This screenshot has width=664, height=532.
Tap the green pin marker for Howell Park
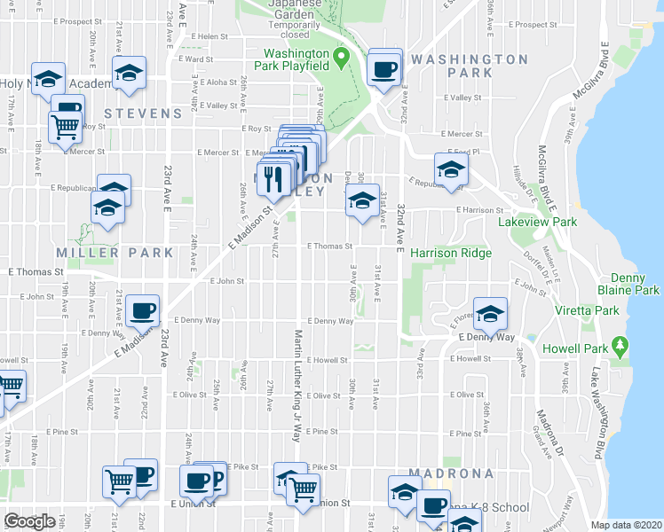pyautogui.click(x=620, y=344)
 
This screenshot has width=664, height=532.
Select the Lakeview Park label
pyautogui.click(x=537, y=222)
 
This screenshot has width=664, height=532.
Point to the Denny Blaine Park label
pyautogui.click(x=634, y=284)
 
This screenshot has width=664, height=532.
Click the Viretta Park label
pyautogui.click(x=594, y=311)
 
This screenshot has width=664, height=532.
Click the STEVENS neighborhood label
pyautogui.click(x=143, y=113)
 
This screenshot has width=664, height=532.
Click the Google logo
pyautogui.click(x=29, y=521)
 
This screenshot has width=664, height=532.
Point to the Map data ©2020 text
pyautogui.click(x=627, y=525)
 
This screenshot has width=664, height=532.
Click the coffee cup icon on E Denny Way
pyautogui.click(x=142, y=309)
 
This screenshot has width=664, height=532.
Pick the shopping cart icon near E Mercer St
pyautogui.click(x=65, y=127)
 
